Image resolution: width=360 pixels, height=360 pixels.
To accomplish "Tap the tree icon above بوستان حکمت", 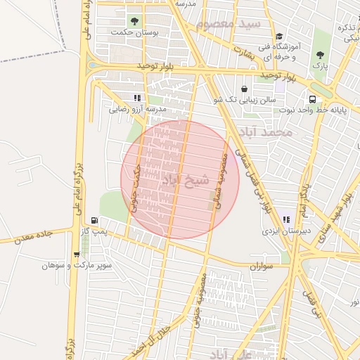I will point(135,20).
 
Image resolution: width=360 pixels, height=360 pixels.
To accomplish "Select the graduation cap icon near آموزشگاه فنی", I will point(279,37).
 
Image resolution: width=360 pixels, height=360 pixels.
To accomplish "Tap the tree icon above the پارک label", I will point(321,53).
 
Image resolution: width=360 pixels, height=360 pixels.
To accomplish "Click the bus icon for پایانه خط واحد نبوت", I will point(311,98).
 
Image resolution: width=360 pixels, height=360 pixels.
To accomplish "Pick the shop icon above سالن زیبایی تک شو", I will point(244,89).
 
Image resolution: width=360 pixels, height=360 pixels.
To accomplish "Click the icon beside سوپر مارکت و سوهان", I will point(77,255).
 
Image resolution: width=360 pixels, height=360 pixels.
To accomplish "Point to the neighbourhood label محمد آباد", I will point(265,131).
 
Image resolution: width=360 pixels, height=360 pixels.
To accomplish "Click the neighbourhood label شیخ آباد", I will point(186,180).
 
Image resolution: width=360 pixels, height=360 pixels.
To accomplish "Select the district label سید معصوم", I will point(229,25).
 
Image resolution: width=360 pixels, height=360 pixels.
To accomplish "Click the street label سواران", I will point(259,267).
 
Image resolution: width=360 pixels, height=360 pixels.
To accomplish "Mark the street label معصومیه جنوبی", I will point(199,300).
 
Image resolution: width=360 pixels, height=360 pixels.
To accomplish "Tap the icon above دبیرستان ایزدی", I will point(286,219).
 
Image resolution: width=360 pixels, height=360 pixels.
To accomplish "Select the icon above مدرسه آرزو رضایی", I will point(136,98).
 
